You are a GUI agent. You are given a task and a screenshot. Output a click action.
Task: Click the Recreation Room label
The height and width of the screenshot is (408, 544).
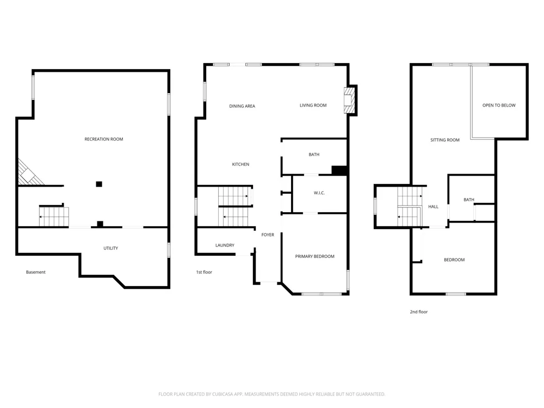pos(104,139)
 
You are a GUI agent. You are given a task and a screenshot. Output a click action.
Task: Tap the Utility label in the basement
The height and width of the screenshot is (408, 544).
pos(110,248)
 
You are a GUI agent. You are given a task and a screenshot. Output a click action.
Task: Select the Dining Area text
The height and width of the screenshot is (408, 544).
pos(242,106)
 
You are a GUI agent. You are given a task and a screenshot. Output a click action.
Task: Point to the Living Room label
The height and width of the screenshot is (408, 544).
pos(313,105)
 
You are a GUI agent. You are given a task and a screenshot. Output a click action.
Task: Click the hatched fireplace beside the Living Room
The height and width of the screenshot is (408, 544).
pos(350,100)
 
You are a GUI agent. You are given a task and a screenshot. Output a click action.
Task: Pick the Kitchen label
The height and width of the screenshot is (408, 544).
pos(240,164)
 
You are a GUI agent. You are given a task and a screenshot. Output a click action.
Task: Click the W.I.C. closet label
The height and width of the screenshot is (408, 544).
pos(319,193)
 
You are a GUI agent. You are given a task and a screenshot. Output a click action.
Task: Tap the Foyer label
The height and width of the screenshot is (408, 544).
pos(268,235)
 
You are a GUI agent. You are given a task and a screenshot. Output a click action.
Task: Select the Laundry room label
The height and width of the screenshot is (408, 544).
pos(225,245)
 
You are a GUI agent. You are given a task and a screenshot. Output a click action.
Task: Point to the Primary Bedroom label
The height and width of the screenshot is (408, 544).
pos(314,256)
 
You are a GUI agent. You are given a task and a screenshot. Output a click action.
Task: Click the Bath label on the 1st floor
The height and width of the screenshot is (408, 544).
pos(314,154)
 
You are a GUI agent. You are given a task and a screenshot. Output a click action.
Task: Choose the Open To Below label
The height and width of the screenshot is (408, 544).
pos(499,105)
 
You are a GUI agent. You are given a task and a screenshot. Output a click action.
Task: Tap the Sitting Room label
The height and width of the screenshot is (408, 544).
pos(445,140)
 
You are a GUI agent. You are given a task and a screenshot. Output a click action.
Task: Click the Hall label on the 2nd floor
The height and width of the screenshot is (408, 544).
pos(434,207)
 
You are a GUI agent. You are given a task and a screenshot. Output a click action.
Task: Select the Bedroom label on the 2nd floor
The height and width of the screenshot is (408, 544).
pos(454,260)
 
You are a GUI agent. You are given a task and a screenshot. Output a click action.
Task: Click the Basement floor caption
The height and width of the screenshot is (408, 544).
pos(36,272)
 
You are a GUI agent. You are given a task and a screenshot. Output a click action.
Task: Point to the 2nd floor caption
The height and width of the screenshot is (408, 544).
pos(419,312)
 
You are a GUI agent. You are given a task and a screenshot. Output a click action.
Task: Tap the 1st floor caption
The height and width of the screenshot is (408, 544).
pos(204,272)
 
